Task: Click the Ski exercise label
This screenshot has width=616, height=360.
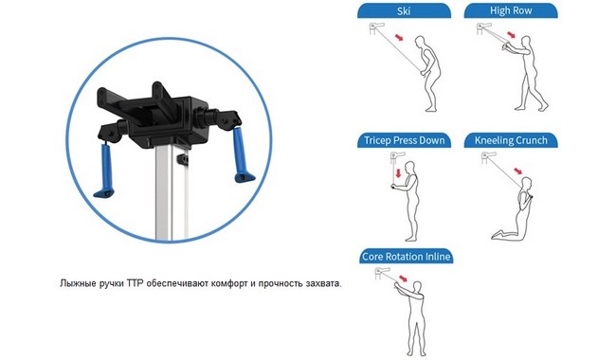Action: pyautogui.click(x=404, y=11)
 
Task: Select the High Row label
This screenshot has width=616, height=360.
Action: pyautogui.click(x=511, y=11)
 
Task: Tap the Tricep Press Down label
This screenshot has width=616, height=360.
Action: pyautogui.click(x=404, y=140)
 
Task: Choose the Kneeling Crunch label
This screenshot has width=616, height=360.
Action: pyautogui.click(x=511, y=140)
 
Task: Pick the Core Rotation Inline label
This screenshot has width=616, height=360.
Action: pyautogui.click(x=406, y=257)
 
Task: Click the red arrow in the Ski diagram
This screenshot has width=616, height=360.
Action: pyautogui.click(x=399, y=37)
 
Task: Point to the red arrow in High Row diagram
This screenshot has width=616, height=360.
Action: pyautogui.click(x=511, y=34)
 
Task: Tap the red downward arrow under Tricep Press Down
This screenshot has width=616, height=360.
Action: pyautogui.click(x=398, y=172)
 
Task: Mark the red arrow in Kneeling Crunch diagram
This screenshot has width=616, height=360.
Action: pyautogui.click(x=518, y=171)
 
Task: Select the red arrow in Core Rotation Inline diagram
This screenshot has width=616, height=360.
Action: pyautogui.click(x=403, y=279)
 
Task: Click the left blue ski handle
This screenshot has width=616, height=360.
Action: pyautogui.click(x=105, y=170)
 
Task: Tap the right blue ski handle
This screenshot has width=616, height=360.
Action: pyautogui.click(x=242, y=155)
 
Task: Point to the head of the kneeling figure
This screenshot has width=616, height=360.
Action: pyautogui.click(x=526, y=182)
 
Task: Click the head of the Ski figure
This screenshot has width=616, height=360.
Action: pyautogui.click(x=421, y=42)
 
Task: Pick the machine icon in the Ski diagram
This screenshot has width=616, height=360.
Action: pyautogui.click(x=376, y=28)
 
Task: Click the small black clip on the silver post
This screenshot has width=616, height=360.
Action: pyautogui.click(x=183, y=159)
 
